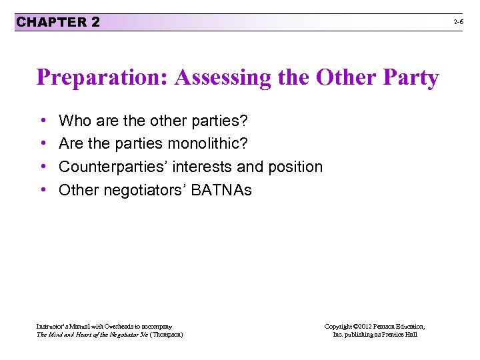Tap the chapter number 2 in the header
click(96, 22)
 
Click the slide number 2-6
click(459, 22)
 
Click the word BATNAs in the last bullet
click(221, 190)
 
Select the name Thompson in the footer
click(166, 334)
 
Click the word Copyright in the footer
click(339, 326)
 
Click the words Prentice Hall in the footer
click(398, 334)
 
